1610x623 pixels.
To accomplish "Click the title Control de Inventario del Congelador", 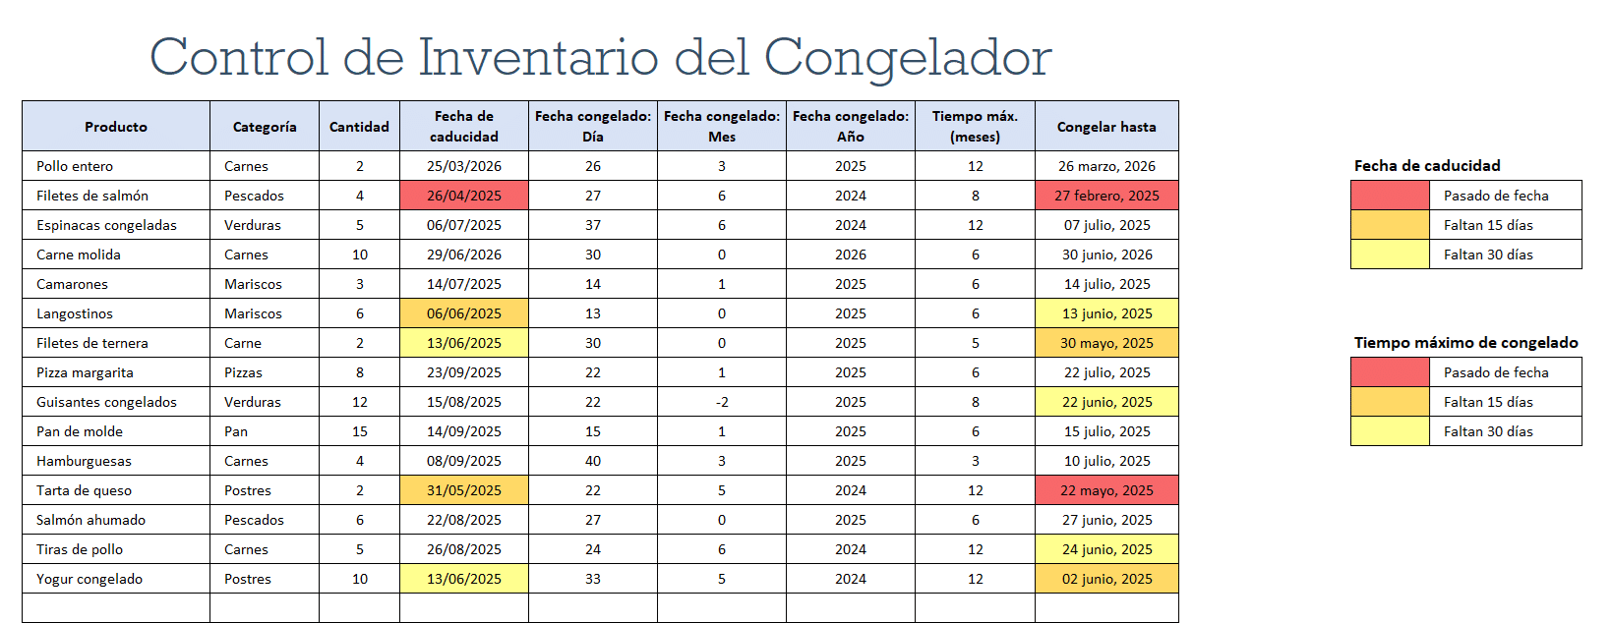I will pyautogui.click(x=600, y=57).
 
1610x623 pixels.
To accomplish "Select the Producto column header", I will pyautogui.click(x=116, y=127).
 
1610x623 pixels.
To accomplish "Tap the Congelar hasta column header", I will pyautogui.click(x=1106, y=127).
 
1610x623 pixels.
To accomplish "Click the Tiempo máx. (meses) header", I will pyautogui.click(x=975, y=127).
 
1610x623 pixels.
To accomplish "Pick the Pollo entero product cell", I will pyautogui.click(x=75, y=166).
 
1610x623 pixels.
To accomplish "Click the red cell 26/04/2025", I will pyautogui.click(x=464, y=196).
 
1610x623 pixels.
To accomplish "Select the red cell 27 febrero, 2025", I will pyautogui.click(x=1106, y=196).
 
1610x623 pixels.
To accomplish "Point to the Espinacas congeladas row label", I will pyautogui.click(x=106, y=225).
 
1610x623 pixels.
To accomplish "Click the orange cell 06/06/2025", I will pyautogui.click(x=464, y=313).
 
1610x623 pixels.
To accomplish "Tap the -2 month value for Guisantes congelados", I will pyautogui.click(x=722, y=402).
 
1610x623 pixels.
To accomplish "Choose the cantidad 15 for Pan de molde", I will pyautogui.click(x=360, y=431).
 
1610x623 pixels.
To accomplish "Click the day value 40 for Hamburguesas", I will pyautogui.click(x=593, y=461).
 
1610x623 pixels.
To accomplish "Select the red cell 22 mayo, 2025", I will pyautogui.click(x=1106, y=490).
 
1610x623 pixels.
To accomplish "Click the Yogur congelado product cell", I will pyautogui.click(x=89, y=579).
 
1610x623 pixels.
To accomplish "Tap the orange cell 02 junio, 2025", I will pyautogui.click(x=1106, y=579).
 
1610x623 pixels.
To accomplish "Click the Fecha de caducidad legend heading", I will pyautogui.click(x=1427, y=166).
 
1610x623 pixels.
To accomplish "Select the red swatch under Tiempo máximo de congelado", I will pyautogui.click(x=1390, y=372).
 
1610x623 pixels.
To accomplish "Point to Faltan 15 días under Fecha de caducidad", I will pyautogui.click(x=1488, y=225).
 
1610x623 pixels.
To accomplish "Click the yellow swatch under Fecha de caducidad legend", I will pyautogui.click(x=1390, y=255).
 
